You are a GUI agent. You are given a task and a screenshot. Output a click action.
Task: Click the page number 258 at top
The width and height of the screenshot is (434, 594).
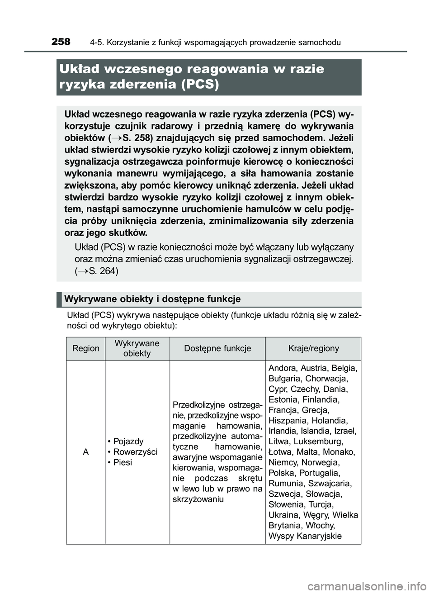(x=61, y=42)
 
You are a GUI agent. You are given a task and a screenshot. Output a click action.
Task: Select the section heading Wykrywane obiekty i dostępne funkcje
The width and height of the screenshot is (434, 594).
(x=152, y=299)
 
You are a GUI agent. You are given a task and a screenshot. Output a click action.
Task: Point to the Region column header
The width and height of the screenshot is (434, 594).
(x=85, y=348)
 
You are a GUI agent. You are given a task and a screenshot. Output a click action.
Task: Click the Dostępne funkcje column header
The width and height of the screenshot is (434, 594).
(x=217, y=348)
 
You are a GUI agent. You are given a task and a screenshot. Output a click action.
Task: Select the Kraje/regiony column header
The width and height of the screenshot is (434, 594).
(x=313, y=348)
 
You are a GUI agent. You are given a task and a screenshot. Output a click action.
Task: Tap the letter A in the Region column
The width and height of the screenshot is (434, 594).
(x=85, y=452)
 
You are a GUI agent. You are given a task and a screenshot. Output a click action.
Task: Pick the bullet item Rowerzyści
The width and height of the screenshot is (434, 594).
(x=135, y=452)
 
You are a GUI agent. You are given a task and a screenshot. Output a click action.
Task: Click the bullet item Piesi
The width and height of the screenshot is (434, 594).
(x=123, y=462)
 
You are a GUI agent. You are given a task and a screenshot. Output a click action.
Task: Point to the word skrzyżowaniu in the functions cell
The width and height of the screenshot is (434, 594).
(x=198, y=499)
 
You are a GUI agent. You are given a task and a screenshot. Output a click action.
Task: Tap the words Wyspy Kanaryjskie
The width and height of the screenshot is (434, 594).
(x=305, y=536)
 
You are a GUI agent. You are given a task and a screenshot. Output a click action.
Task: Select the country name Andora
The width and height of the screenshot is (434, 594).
(x=282, y=368)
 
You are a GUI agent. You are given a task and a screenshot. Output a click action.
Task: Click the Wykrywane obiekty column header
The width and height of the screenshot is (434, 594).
(x=137, y=348)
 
